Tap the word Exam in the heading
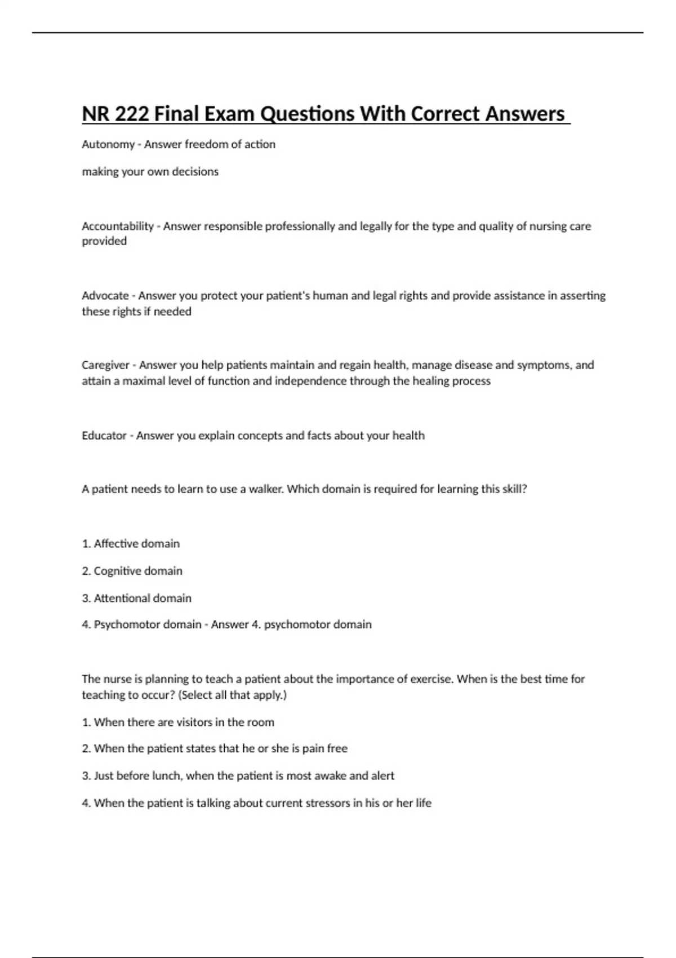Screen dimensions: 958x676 228,114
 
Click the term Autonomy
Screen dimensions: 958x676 108,145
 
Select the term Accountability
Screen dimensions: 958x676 118,227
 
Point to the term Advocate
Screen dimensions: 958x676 105,296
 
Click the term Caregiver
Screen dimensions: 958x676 106,365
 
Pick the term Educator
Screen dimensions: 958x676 104,436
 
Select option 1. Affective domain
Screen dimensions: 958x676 131,544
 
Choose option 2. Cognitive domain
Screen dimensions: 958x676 132,571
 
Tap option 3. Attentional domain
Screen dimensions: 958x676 136,598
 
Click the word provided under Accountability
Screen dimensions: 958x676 104,241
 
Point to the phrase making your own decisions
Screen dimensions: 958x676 150,172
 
